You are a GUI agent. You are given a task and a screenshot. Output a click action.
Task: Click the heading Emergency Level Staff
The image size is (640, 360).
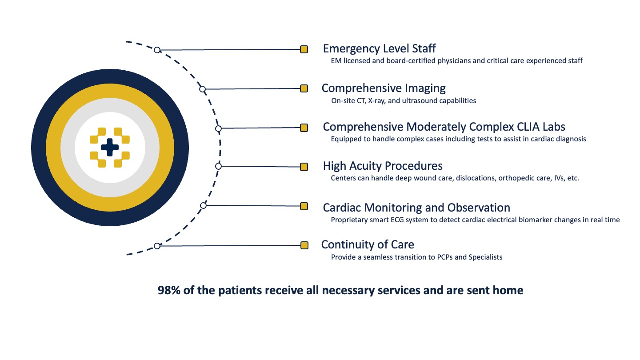(x=379, y=48)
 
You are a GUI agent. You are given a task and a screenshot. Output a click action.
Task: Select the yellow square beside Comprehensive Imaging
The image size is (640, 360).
(x=304, y=88)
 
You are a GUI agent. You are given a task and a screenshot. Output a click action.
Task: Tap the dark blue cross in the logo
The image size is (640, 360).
(x=110, y=147)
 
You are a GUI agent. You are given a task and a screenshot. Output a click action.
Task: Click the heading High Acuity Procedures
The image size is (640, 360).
(x=383, y=166)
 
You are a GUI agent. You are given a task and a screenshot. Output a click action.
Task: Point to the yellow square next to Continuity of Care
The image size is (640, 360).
(x=304, y=245)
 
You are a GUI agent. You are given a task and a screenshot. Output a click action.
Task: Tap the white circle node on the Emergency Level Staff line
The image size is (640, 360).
(x=157, y=50)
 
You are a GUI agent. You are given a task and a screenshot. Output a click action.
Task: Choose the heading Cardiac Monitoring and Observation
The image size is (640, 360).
(x=416, y=208)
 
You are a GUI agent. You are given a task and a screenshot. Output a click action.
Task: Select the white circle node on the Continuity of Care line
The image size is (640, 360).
(x=157, y=246)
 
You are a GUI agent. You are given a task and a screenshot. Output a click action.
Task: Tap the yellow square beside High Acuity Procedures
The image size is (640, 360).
(x=304, y=167)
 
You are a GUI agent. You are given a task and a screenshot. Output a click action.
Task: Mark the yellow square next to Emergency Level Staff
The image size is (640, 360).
(x=304, y=49)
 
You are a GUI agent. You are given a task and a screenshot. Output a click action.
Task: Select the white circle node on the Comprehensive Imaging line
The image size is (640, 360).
(x=202, y=89)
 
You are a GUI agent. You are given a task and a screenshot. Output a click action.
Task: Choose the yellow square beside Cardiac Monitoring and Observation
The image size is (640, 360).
(x=304, y=206)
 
